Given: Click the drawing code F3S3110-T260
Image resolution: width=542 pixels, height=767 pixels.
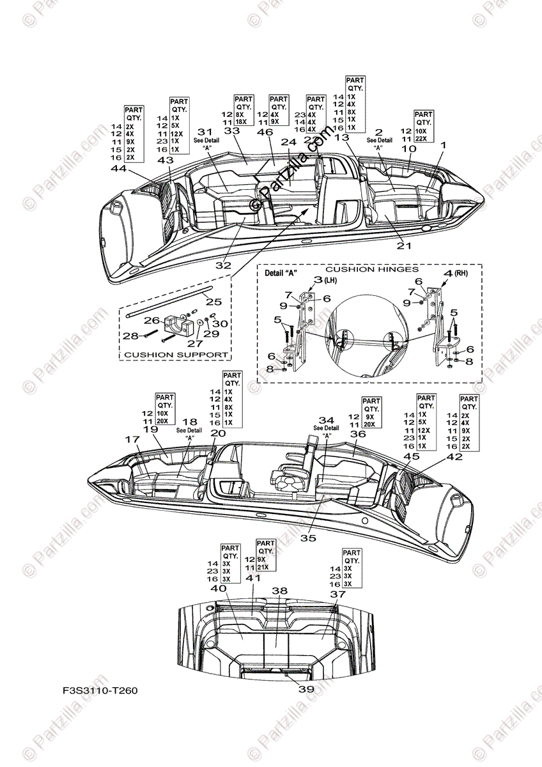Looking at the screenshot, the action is tap(100, 691).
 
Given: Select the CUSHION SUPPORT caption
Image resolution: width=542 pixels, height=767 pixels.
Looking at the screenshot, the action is tap(176, 353).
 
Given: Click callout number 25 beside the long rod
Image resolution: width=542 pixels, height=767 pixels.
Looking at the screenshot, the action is tap(213, 301).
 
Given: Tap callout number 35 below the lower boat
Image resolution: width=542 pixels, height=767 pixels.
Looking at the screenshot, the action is tap(309, 538).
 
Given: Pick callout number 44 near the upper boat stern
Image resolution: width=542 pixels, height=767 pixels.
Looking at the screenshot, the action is tap(119, 169).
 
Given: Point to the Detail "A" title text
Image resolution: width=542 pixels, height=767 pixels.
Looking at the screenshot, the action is tap(282, 273).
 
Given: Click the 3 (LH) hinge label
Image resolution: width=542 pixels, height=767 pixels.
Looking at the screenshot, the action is tap(323, 280).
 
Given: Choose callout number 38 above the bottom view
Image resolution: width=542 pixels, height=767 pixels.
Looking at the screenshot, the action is tap(279, 591).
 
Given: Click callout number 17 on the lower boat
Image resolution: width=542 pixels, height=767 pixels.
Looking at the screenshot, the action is tap(132, 440).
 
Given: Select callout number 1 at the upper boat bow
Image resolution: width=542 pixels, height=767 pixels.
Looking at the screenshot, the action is tap(442, 146).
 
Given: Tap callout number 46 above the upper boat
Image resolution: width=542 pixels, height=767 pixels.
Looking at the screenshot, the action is tap(265, 132).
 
